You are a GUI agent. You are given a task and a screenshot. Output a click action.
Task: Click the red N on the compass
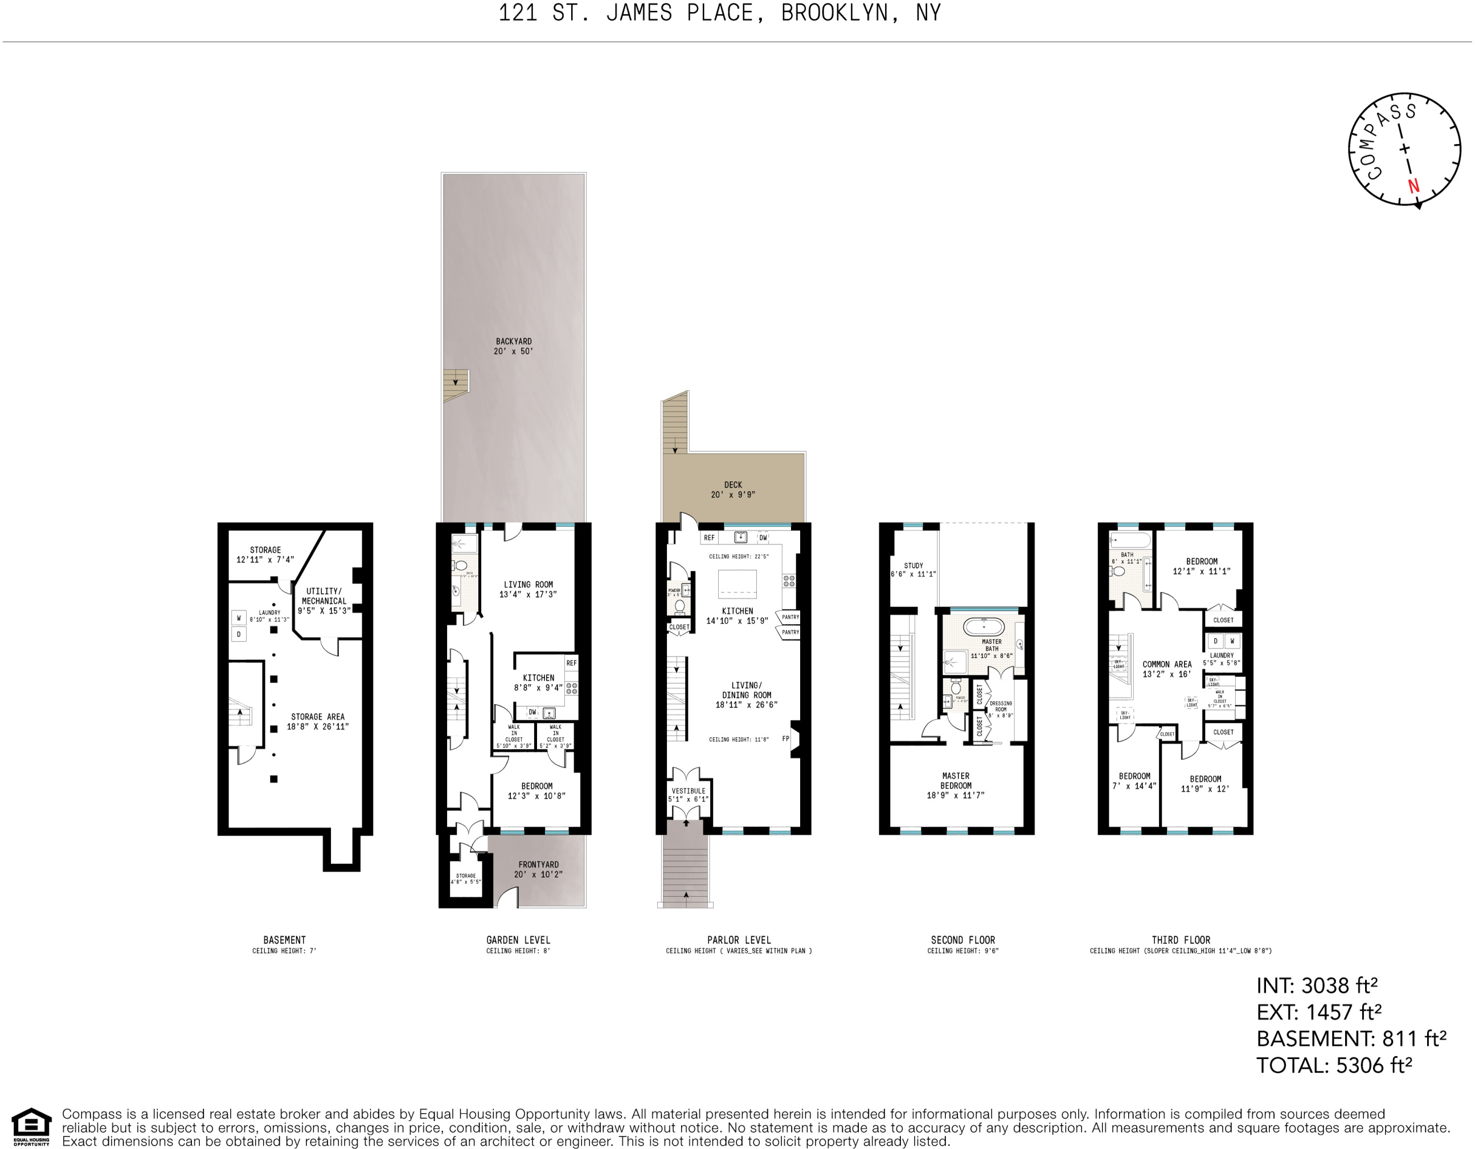pos(1413,186)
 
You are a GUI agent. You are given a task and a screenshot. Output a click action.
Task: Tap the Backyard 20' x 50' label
pos(513,346)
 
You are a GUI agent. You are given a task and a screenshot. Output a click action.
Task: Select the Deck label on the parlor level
pos(733,490)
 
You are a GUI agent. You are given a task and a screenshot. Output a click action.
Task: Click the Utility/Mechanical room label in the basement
pos(324,600)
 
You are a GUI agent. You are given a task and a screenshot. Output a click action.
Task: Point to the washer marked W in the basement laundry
pos(239,618)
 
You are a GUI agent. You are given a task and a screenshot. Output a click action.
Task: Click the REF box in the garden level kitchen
pos(571,663)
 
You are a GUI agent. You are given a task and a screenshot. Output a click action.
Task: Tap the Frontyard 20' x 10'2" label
pos(538,869)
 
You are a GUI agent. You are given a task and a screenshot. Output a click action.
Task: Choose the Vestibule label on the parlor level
pos(688,795)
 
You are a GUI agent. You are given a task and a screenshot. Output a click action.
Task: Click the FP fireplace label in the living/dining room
pos(785,738)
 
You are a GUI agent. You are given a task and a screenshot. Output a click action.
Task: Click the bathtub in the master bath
pos(984,626)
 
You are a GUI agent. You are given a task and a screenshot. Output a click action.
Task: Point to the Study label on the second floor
pos(913,570)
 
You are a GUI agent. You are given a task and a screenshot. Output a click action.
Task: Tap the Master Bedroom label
pos(956,785)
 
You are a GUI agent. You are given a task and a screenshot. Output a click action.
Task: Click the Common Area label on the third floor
pos(1167,669)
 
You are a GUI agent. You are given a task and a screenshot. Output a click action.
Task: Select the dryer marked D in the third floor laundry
pos(1215,641)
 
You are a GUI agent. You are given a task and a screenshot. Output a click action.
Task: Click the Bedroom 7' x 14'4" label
pos(1134,781)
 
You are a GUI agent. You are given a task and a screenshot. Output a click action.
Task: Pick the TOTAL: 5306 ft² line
pos(1334,1065)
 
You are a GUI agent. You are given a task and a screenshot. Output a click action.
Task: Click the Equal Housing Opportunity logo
pos(31,1127)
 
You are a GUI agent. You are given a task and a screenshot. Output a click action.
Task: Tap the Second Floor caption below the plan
pos(962,939)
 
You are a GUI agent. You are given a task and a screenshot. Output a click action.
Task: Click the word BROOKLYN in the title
pos(834,13)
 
